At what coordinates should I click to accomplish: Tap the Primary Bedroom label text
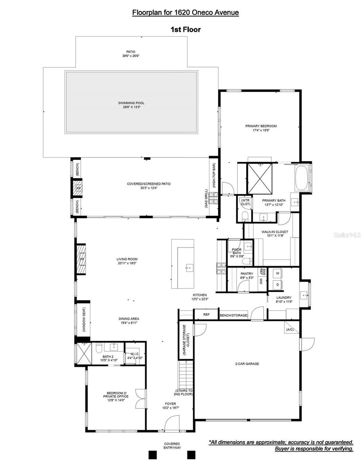coord(261,126)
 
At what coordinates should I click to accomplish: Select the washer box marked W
coord(277,273)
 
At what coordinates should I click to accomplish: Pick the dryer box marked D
coord(277,285)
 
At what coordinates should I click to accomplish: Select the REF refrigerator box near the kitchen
coord(206,315)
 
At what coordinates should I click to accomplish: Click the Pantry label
coord(247,274)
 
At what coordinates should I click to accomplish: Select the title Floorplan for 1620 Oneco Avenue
coord(185,13)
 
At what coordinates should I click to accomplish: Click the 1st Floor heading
coord(185,29)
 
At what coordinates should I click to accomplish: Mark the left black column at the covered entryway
coord(153,455)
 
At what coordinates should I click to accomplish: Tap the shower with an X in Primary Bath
coord(259,179)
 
